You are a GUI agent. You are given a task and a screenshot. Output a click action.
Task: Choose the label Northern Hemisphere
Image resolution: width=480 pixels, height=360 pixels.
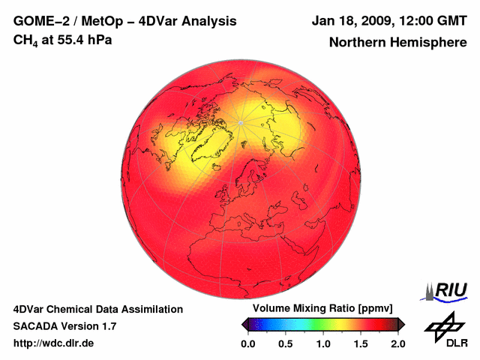coord(397,43)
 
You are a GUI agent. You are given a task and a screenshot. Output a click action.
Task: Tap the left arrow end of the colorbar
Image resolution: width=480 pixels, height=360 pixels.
coord(244,324)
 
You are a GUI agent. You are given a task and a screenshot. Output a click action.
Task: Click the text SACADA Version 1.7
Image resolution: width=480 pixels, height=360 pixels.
coord(64,326)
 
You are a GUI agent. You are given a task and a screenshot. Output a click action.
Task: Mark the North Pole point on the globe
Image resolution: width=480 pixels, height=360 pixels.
coord(240,121)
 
